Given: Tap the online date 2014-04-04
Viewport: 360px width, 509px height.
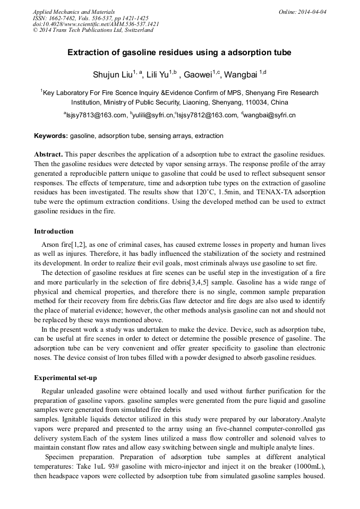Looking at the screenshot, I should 312,12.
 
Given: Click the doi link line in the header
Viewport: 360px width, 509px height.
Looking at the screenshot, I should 96,24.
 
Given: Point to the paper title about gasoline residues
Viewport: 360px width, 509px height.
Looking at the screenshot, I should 179,53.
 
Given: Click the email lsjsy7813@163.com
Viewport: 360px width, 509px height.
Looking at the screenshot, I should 97,115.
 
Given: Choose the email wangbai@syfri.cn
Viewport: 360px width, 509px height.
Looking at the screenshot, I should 270,115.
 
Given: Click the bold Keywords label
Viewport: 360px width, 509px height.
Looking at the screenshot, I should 51,136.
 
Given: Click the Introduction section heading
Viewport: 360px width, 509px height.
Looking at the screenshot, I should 54,231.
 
